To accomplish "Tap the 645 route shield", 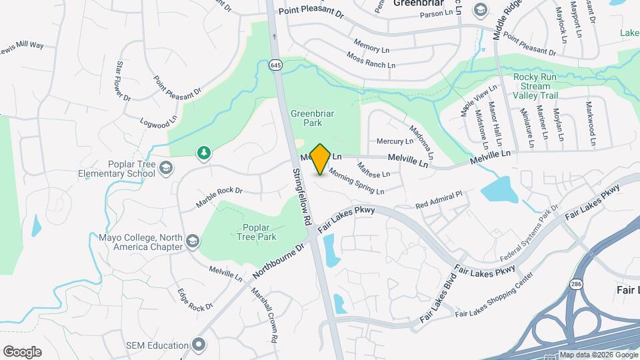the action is [275, 65].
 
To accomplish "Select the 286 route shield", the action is [575, 285].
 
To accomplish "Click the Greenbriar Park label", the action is [313, 118].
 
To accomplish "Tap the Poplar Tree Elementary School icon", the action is [165, 168].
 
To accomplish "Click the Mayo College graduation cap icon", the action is [193, 241].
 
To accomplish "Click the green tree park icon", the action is [203, 154].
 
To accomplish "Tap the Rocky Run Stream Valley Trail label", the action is [535, 86].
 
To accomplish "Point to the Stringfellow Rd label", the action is [302, 197].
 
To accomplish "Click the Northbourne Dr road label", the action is [279, 261].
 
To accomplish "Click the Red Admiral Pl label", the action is [438, 199].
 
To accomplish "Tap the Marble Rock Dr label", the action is [219, 196].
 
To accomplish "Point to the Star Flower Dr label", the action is [123, 81].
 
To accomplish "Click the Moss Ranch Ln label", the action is [371, 60].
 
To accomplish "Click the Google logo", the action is [22, 352].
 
